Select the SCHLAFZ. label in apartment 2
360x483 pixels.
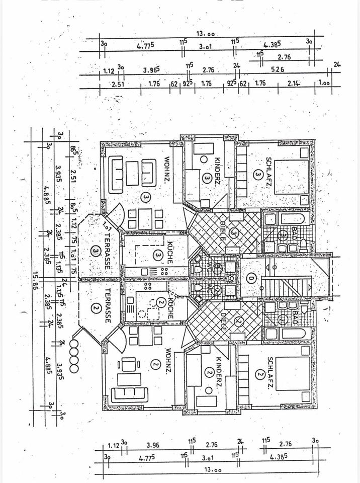tap(270, 372)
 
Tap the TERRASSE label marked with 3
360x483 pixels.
tap(107, 249)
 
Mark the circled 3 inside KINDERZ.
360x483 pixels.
tap(206, 177)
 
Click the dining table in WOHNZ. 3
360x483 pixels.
tap(145, 218)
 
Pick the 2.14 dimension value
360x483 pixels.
tap(295, 84)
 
